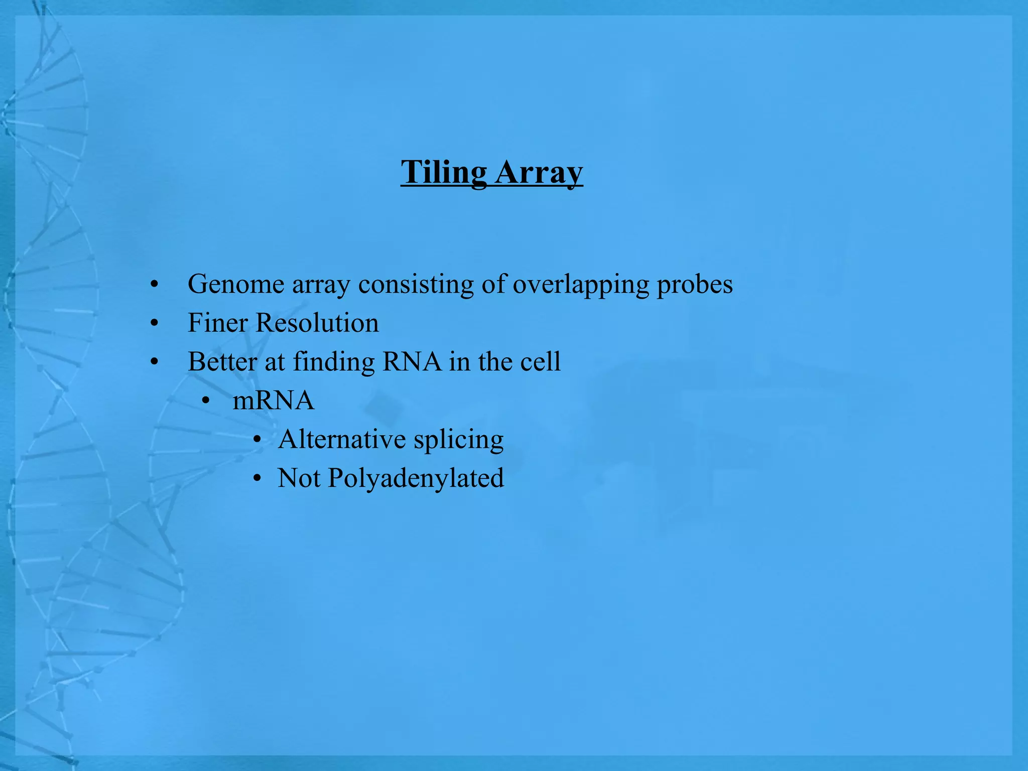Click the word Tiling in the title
pyautogui.click(x=444, y=172)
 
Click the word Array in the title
pyautogui.click(x=539, y=172)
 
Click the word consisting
pyautogui.click(x=416, y=284)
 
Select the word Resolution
pyautogui.click(x=317, y=323)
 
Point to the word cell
pyautogui.click(x=540, y=361)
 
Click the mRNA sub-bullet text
pyautogui.click(x=274, y=401)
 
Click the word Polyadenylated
pyautogui.click(x=416, y=478)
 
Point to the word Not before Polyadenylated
pyautogui.click(x=299, y=478)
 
